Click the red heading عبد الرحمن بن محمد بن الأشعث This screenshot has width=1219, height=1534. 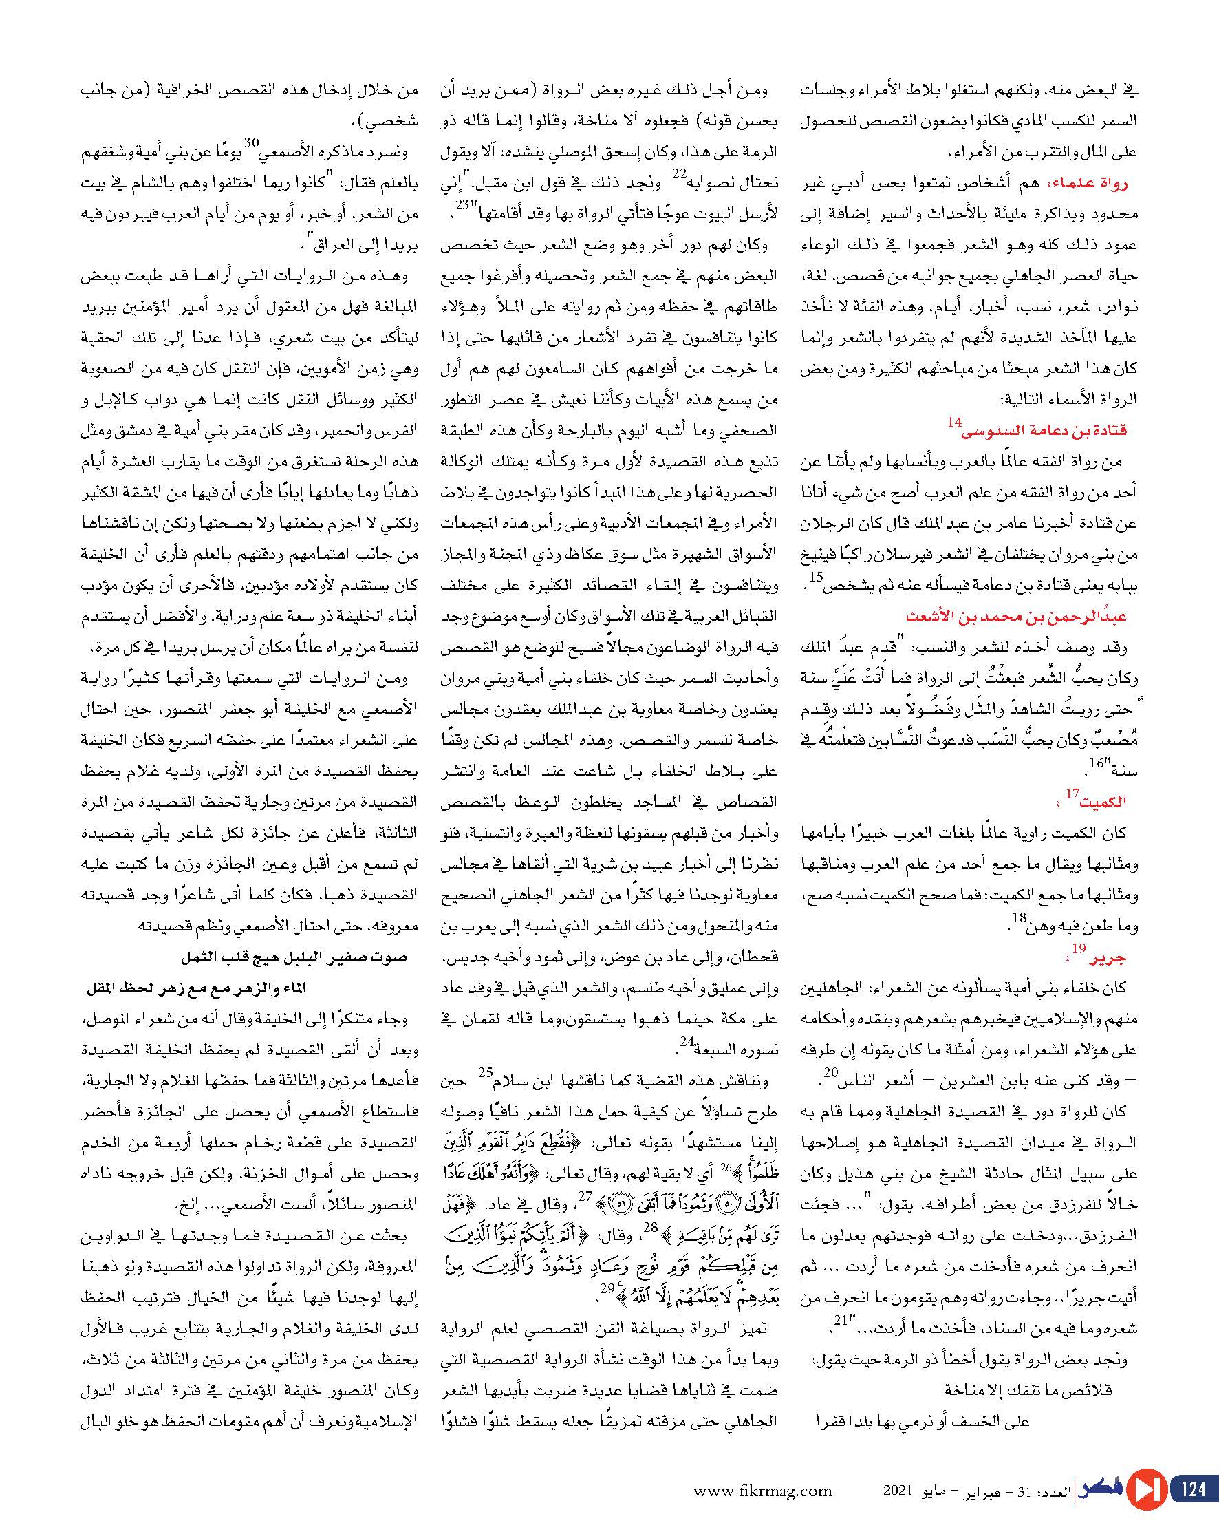tap(1017, 615)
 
